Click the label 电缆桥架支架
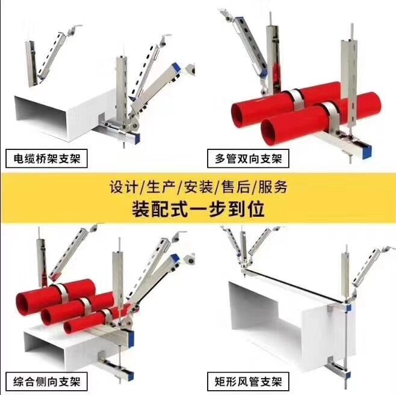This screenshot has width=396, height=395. click(x=47, y=159)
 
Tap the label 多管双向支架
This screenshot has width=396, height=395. click(x=249, y=159)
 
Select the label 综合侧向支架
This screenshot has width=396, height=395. click(x=47, y=382)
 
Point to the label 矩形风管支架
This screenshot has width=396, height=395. click(x=249, y=382)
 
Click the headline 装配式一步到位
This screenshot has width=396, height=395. click(x=198, y=209)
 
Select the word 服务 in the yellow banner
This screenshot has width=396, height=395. click(x=273, y=187)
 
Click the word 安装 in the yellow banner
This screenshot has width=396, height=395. click(x=198, y=187)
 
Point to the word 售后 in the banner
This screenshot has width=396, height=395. click(x=236, y=187)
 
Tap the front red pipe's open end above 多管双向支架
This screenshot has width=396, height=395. click(x=269, y=132)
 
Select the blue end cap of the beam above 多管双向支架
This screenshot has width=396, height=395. click(x=367, y=152)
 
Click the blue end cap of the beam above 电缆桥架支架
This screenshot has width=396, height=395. click(x=137, y=138)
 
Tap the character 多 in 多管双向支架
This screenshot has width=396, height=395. click(x=220, y=159)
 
